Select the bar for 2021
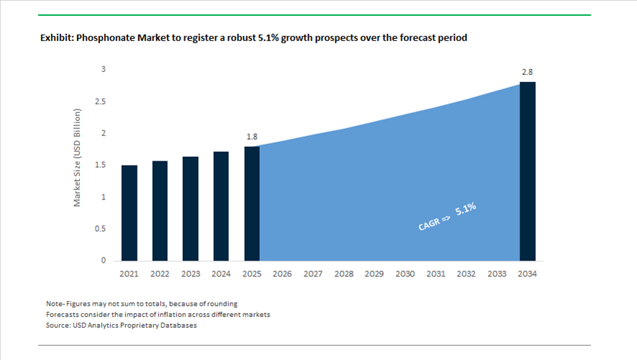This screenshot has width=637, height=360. coord(130,212)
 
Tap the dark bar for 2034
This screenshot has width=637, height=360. coord(528,171)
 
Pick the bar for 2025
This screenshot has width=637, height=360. coord(252,203)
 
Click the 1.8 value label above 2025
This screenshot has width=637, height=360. coord(252,136)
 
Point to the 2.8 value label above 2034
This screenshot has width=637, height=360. coord(527,72)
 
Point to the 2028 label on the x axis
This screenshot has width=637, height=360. coord(343,274)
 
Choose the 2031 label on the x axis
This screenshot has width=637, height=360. coord(435,274)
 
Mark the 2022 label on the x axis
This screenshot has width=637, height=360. coord(160,274)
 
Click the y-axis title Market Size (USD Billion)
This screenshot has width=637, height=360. coord(78,158)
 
